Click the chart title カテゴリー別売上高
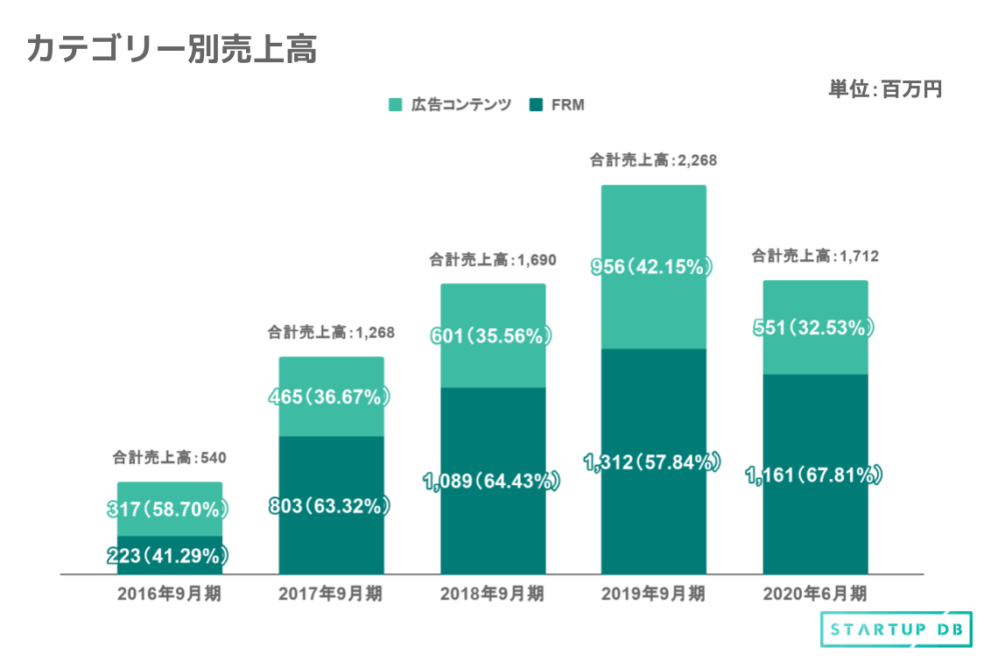[x=172, y=49]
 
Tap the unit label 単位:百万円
[x=884, y=89]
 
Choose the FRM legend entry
[x=558, y=105]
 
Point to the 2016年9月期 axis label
[x=169, y=594]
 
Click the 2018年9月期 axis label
[x=492, y=594]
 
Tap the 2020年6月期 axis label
[x=815, y=594]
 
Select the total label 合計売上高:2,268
[x=653, y=160]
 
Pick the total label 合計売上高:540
[x=169, y=457]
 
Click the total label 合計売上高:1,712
[x=815, y=257]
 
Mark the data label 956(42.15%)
[x=653, y=267]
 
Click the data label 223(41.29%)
[x=169, y=555]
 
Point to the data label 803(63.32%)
[x=331, y=506]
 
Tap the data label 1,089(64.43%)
[x=492, y=481]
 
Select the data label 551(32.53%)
[x=815, y=328]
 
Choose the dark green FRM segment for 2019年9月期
[x=653, y=517]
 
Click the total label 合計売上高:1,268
[x=331, y=333]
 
